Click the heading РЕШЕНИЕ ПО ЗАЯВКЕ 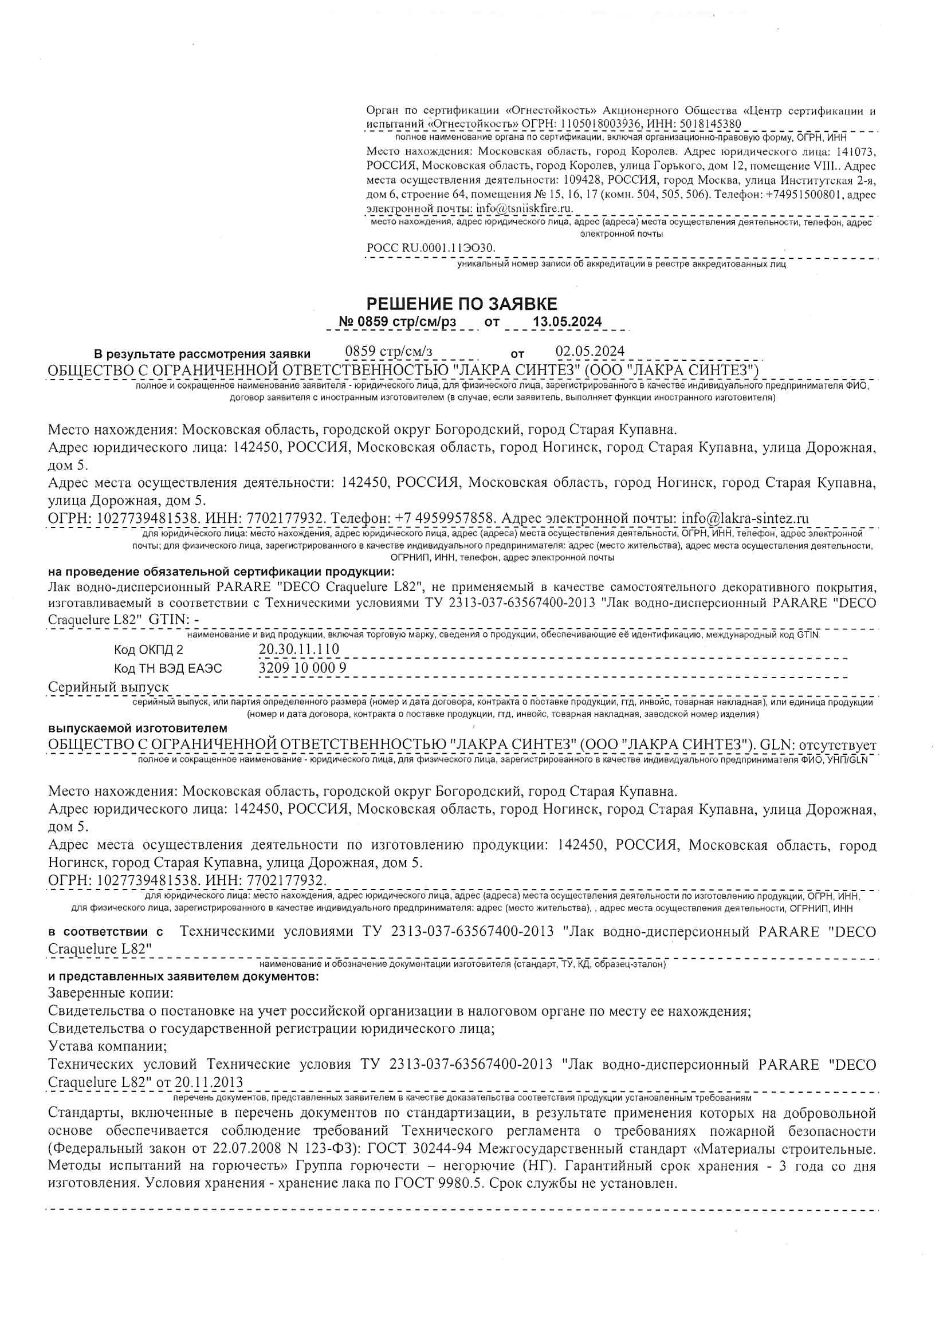(462, 304)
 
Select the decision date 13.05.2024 (567, 322)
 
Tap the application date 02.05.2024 (590, 351)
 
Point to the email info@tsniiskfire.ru (525, 208)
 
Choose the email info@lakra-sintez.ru (745, 518)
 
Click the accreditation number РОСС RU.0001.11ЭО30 (431, 248)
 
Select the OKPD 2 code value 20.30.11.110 (298, 649)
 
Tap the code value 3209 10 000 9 (302, 668)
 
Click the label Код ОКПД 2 (148, 649)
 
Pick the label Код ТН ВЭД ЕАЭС (168, 668)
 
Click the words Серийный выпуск (108, 687)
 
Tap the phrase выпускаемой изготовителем (137, 728)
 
